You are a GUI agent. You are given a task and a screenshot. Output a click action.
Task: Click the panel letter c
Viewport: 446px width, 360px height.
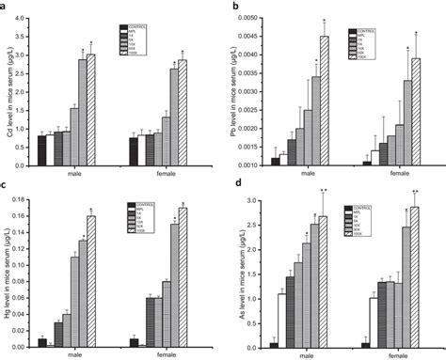point(6,185)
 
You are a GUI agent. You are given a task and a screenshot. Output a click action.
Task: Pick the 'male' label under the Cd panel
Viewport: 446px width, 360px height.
point(73,174)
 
